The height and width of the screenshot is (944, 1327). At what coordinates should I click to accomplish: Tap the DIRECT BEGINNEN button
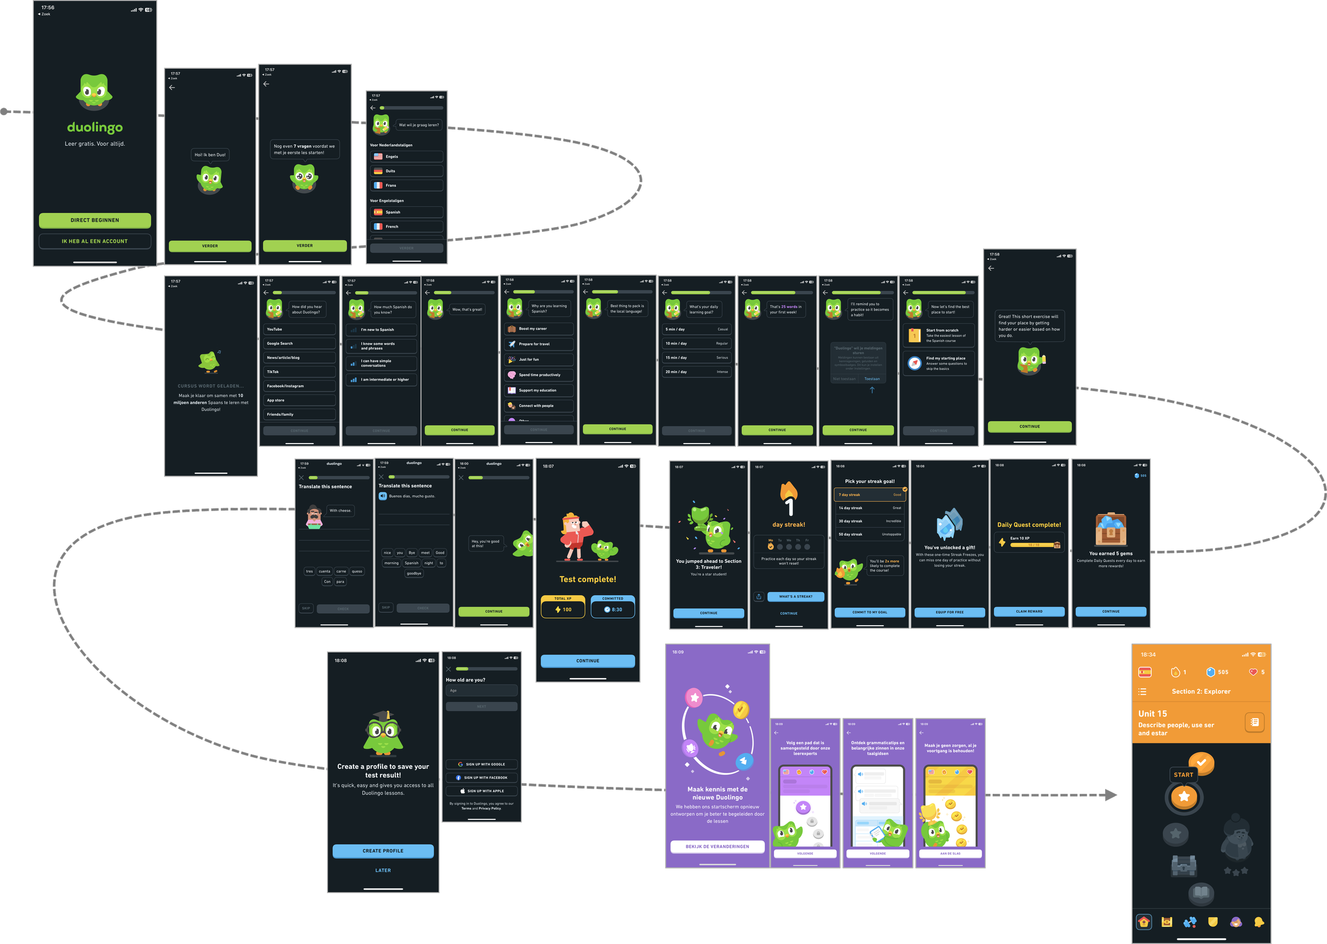click(95, 220)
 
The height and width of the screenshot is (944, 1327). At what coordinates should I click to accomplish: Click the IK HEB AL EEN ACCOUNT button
click(95, 241)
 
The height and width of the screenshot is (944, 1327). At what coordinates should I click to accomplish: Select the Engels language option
click(407, 157)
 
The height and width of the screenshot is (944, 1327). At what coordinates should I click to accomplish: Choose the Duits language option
click(407, 171)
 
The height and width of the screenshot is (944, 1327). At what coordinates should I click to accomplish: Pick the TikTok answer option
click(299, 372)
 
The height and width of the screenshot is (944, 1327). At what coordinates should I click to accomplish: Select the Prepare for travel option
click(538, 344)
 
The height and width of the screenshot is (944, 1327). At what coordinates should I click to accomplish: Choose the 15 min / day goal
click(696, 358)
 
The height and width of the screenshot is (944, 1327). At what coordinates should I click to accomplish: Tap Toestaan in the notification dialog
click(872, 379)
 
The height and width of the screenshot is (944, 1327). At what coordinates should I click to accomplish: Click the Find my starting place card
click(938, 363)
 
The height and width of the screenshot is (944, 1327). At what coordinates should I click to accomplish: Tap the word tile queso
click(357, 571)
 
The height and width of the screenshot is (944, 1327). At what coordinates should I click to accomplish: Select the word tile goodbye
click(414, 574)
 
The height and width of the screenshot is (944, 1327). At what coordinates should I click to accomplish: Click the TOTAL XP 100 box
click(563, 607)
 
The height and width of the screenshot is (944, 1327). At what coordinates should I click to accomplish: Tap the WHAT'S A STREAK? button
click(796, 596)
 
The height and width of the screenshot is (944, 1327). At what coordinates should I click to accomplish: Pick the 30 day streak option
click(869, 522)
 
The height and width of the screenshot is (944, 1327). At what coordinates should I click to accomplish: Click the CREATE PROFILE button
click(383, 851)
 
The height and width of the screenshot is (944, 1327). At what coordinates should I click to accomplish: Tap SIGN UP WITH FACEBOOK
click(481, 778)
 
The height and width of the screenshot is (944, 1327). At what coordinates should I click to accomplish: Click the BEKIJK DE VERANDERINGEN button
click(717, 846)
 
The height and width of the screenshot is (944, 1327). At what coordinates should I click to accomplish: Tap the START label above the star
click(1183, 775)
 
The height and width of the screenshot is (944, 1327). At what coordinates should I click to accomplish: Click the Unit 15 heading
click(1152, 714)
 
